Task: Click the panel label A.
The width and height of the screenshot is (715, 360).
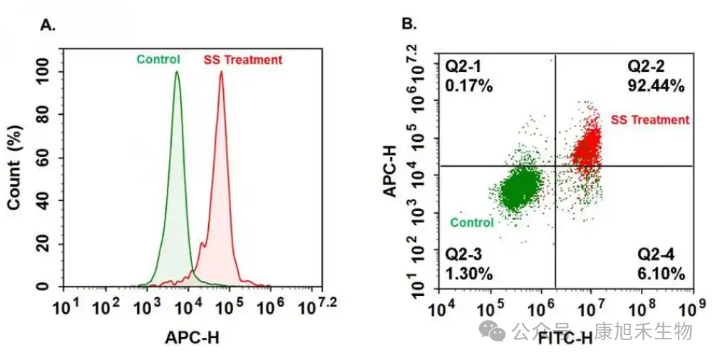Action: tap(48, 26)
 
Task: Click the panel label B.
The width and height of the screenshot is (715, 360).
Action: tap(408, 26)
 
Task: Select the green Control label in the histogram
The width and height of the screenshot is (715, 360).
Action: tap(158, 60)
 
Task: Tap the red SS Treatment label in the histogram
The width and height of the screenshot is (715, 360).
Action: tap(243, 60)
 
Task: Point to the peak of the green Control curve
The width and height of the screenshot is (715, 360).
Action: tap(177, 72)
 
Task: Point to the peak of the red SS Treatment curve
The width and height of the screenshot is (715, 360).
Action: tap(221, 72)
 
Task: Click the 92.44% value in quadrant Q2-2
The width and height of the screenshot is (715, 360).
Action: tap(656, 86)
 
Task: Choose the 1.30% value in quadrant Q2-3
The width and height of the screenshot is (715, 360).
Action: tap(463, 274)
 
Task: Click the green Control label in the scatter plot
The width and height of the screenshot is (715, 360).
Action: tap(472, 223)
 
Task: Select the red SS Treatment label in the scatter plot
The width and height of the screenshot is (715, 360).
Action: tap(650, 120)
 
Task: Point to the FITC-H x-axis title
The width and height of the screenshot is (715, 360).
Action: tap(565, 338)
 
